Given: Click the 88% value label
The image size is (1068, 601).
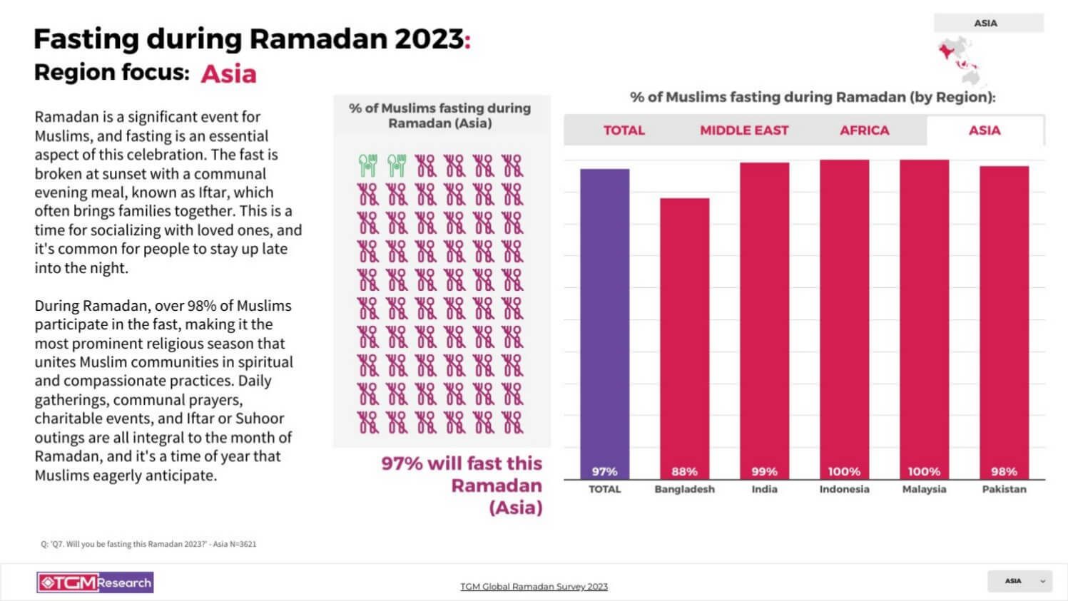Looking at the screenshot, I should click(684, 471).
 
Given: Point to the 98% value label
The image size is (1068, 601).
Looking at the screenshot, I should click(1004, 471).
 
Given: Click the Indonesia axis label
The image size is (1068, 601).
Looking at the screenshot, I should click(844, 489).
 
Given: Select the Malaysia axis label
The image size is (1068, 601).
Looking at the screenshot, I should click(924, 489).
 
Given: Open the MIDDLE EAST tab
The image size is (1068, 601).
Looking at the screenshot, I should click(743, 130).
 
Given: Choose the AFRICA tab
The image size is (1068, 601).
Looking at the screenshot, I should click(864, 130).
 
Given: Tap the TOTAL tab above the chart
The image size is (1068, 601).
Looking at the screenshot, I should click(624, 130).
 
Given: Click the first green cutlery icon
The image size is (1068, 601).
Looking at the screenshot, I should click(367, 165).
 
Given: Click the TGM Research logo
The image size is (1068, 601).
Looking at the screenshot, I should click(95, 582).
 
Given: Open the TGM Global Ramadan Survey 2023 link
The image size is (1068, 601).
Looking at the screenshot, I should click(534, 587).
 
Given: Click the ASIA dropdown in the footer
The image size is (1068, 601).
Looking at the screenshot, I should click(1019, 581).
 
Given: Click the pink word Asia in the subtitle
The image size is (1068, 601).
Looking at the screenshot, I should click(228, 74).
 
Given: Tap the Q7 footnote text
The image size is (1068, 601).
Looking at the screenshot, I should click(148, 544).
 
